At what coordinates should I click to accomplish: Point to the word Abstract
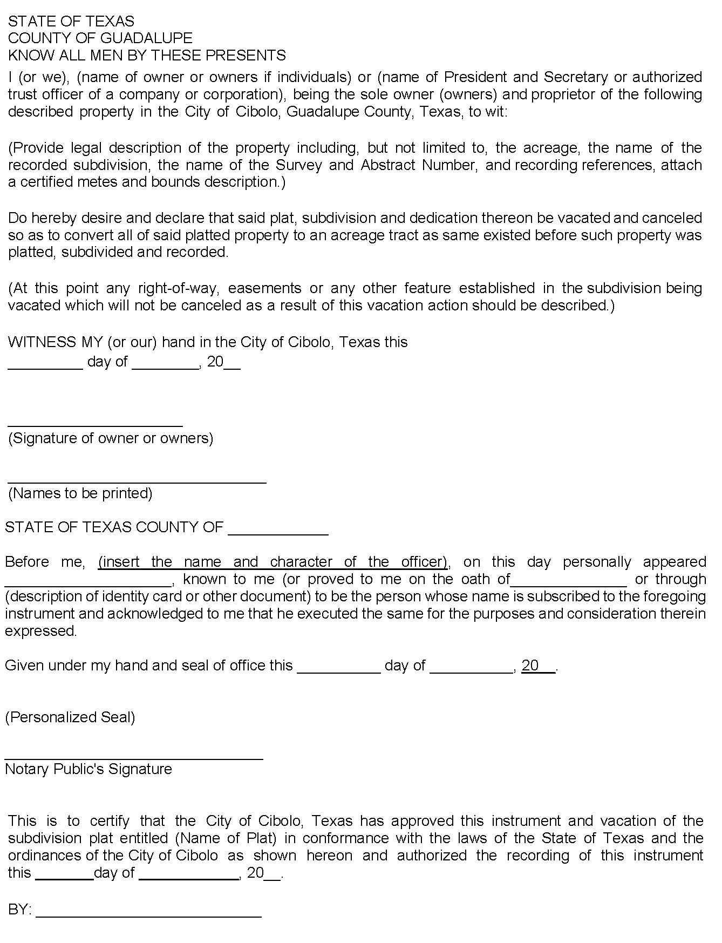(x=388, y=165)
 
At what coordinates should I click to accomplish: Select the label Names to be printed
(x=80, y=493)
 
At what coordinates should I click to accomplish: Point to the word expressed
(x=41, y=632)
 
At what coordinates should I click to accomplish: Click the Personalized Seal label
(x=70, y=717)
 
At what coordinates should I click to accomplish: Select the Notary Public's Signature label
(x=88, y=769)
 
